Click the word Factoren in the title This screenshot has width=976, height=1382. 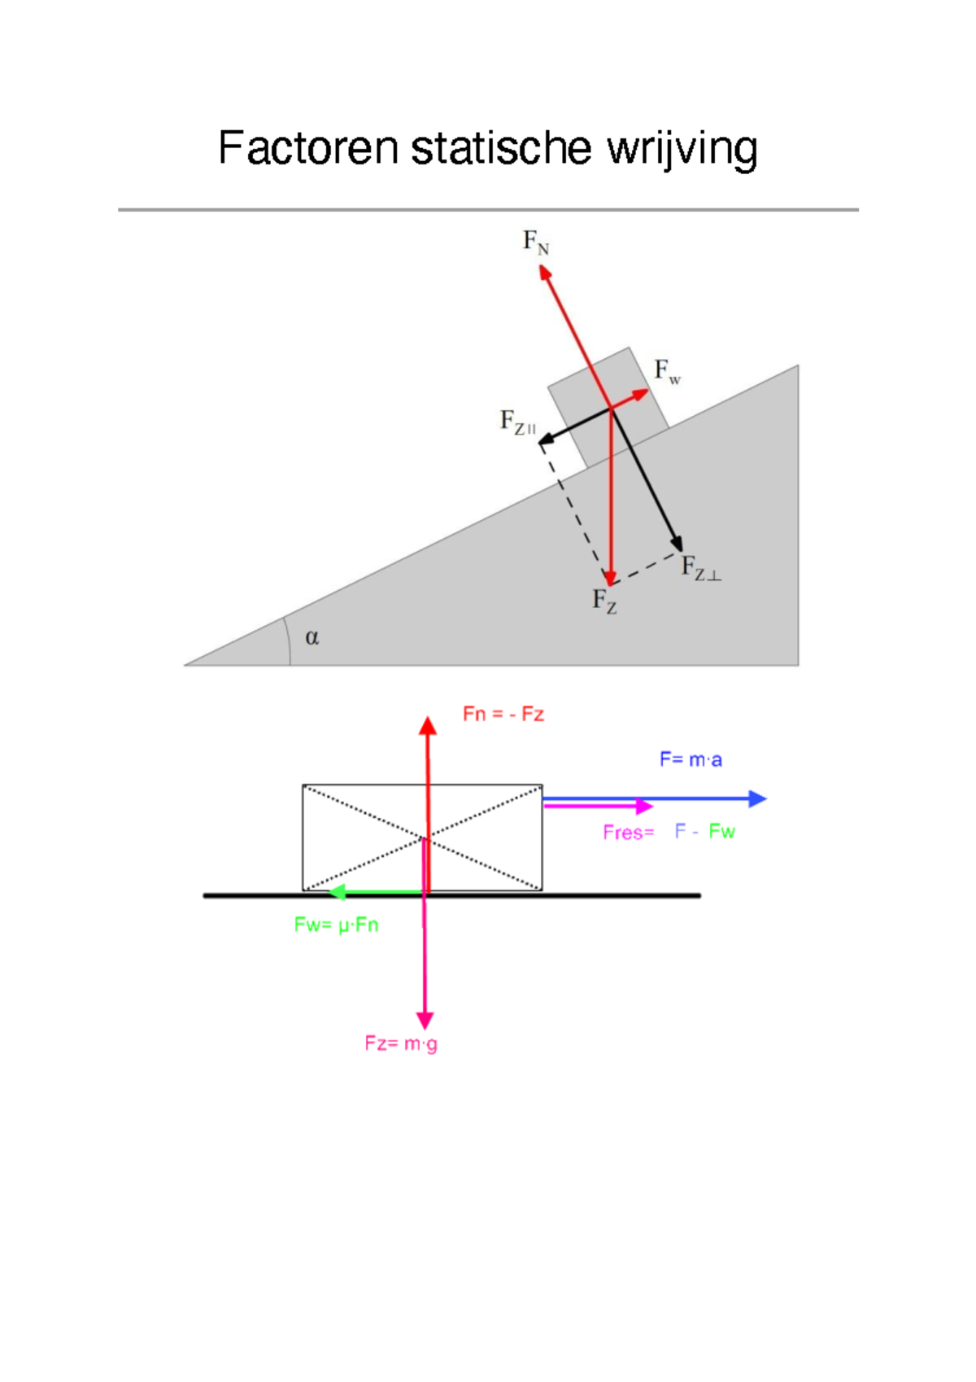point(308,148)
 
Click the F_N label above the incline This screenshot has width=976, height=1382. point(535,242)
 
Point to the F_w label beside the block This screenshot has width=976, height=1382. point(667,372)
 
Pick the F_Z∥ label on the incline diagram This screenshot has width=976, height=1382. point(517,422)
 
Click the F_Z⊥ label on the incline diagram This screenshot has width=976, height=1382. point(700,567)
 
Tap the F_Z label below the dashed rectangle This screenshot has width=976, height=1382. point(604,601)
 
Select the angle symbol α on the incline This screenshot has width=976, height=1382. point(312,637)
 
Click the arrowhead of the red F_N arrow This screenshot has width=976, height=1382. point(544,272)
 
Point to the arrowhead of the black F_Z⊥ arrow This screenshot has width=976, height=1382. point(677,544)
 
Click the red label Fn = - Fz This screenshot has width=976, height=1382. point(503,714)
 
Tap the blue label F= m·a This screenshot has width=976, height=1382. point(691,759)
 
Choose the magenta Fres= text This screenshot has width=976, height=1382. point(629,832)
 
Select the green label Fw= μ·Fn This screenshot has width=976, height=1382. point(336,925)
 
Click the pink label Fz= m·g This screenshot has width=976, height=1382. point(401,1043)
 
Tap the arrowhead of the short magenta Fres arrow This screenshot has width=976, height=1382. point(646,806)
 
